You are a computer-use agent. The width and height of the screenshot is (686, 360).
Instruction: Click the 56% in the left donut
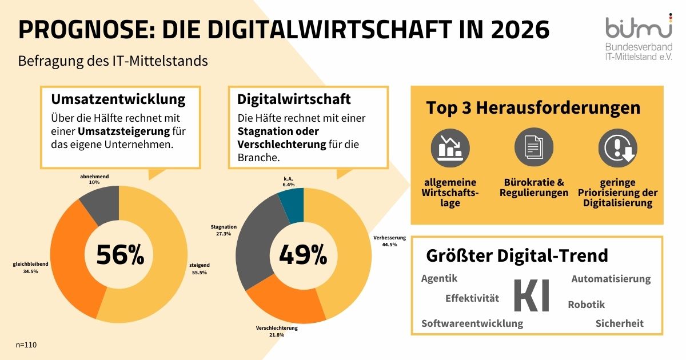pyautogui.click(x=119, y=255)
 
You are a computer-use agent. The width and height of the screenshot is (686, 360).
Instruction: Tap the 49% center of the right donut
pyautogui.click(x=303, y=255)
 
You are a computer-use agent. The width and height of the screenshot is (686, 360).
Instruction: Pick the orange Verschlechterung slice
pyautogui.click(x=284, y=303)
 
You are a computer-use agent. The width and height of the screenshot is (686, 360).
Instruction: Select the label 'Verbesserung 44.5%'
pyautogui.click(x=389, y=241)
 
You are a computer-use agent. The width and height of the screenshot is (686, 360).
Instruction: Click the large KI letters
pyautogui.click(x=532, y=296)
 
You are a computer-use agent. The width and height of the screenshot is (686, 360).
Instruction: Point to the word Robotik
pyautogui.click(x=586, y=305)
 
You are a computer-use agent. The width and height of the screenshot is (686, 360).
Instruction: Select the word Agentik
pyautogui.click(x=439, y=279)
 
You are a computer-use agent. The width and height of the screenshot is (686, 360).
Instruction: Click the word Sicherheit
pyautogui.click(x=619, y=323)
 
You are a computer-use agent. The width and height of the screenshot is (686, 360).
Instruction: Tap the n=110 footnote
pyautogui.click(x=27, y=345)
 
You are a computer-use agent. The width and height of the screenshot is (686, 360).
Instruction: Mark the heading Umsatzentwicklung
pyautogui.click(x=118, y=99)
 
